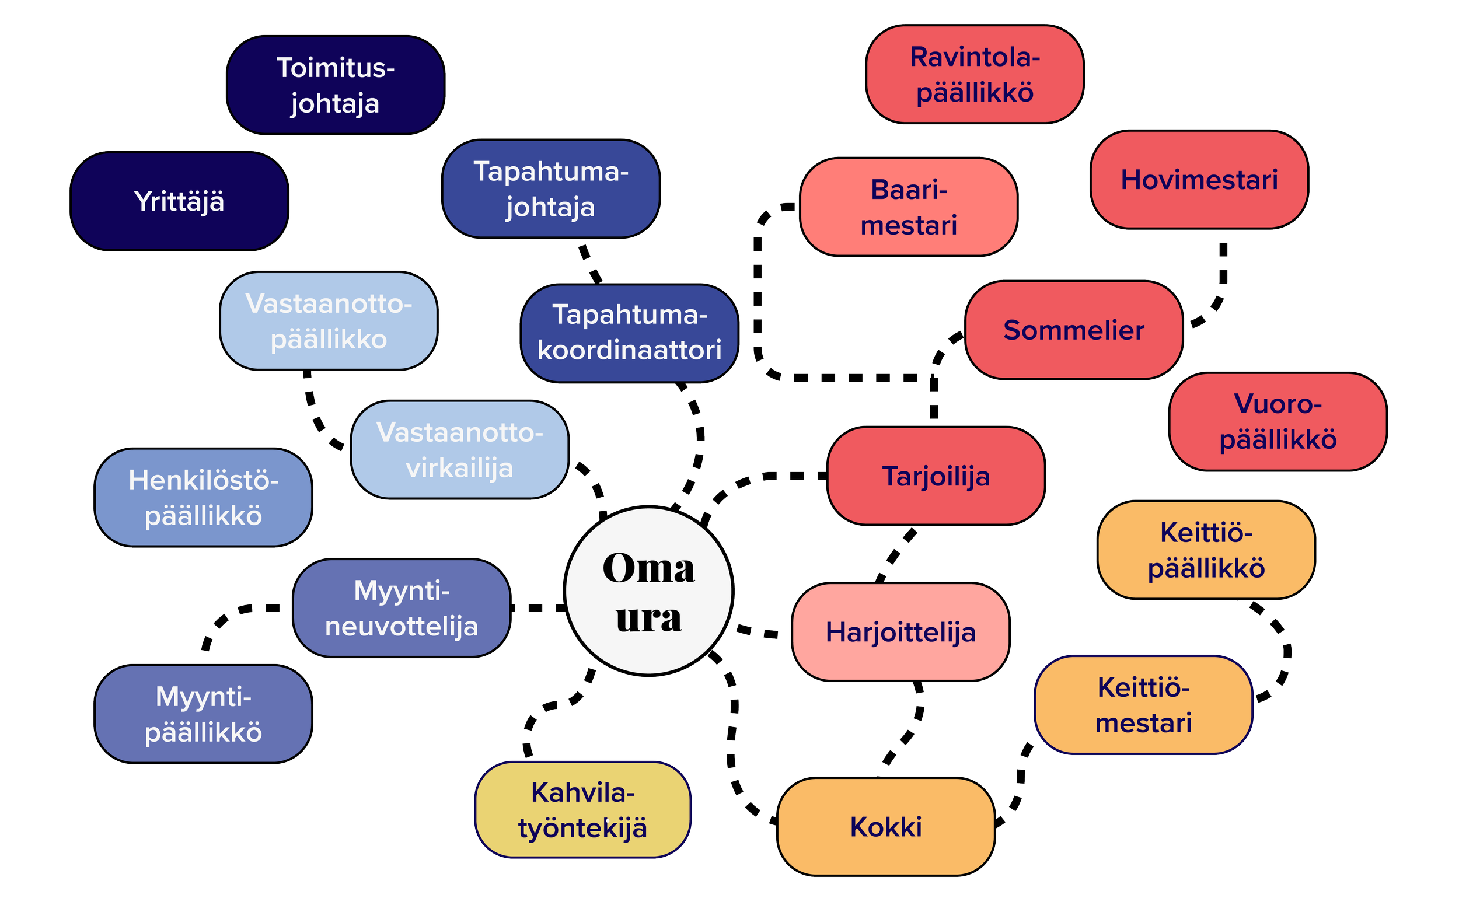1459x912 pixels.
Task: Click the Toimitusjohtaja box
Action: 335,85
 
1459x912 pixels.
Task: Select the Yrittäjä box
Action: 179,201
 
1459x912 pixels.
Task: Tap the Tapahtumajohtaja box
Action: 551,189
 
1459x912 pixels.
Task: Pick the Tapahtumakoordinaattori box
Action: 629,333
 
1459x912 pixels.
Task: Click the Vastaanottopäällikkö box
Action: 328,321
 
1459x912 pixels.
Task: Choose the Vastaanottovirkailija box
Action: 460,450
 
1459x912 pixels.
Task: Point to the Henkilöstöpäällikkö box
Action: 203,498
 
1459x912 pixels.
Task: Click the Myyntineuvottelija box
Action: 402,608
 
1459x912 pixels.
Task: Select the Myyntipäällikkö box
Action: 203,714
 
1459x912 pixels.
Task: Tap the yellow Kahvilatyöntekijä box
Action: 582,810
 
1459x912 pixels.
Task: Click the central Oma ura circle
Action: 648,591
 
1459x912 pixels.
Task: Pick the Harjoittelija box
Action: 900,632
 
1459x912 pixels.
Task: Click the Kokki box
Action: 885,827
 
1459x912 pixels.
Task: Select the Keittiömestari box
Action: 1143,705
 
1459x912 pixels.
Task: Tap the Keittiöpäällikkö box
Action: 1206,550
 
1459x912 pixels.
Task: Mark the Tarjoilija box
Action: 936,476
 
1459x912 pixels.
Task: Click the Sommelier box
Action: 1074,330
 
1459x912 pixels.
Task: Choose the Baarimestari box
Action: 908,207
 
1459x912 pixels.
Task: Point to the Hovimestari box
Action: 1199,180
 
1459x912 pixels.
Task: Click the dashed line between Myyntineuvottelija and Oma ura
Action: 537,608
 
